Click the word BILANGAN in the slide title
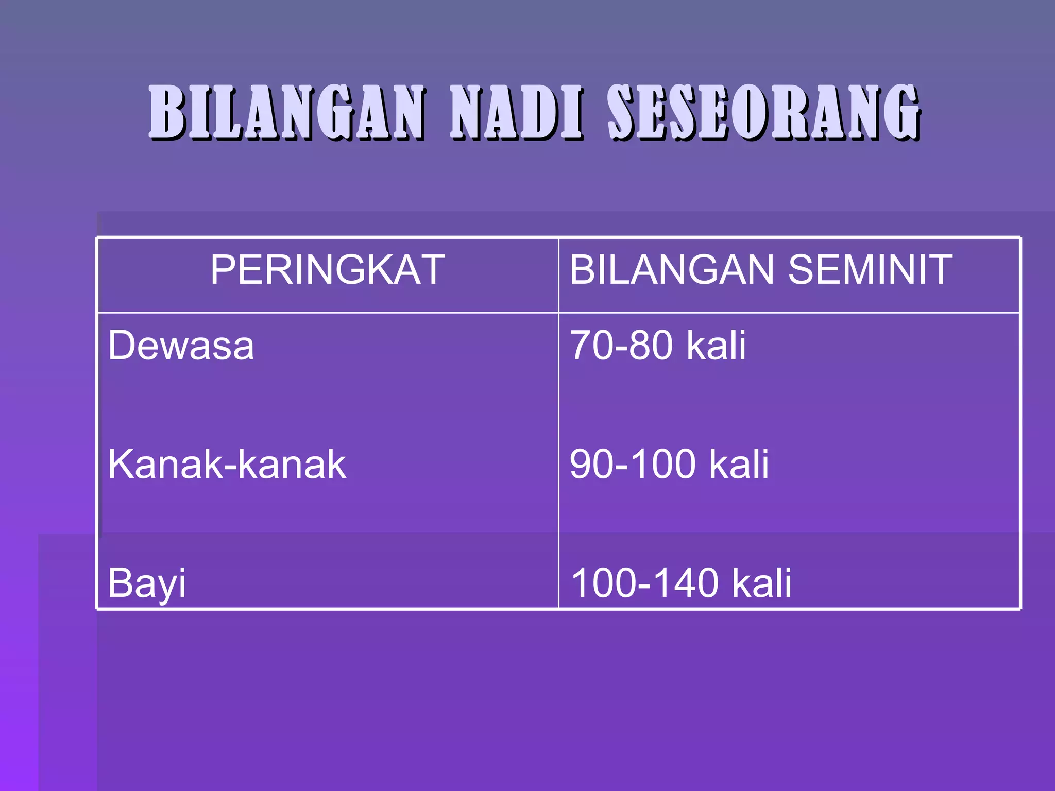pyautogui.click(x=287, y=112)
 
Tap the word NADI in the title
pyautogui.click(x=517, y=112)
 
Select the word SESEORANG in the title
pyautogui.click(x=764, y=112)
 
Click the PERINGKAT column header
pyautogui.click(x=328, y=270)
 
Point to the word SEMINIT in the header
pyautogui.click(x=870, y=270)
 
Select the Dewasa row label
pyautogui.click(x=181, y=346)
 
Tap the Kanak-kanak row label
pyautogui.click(x=227, y=464)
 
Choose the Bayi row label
pyautogui.click(x=147, y=583)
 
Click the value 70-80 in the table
pyautogui.click(x=621, y=346)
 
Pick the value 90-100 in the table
pyautogui.click(x=633, y=464)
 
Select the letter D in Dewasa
pyautogui.click(x=122, y=346)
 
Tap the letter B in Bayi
pyautogui.click(x=120, y=582)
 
